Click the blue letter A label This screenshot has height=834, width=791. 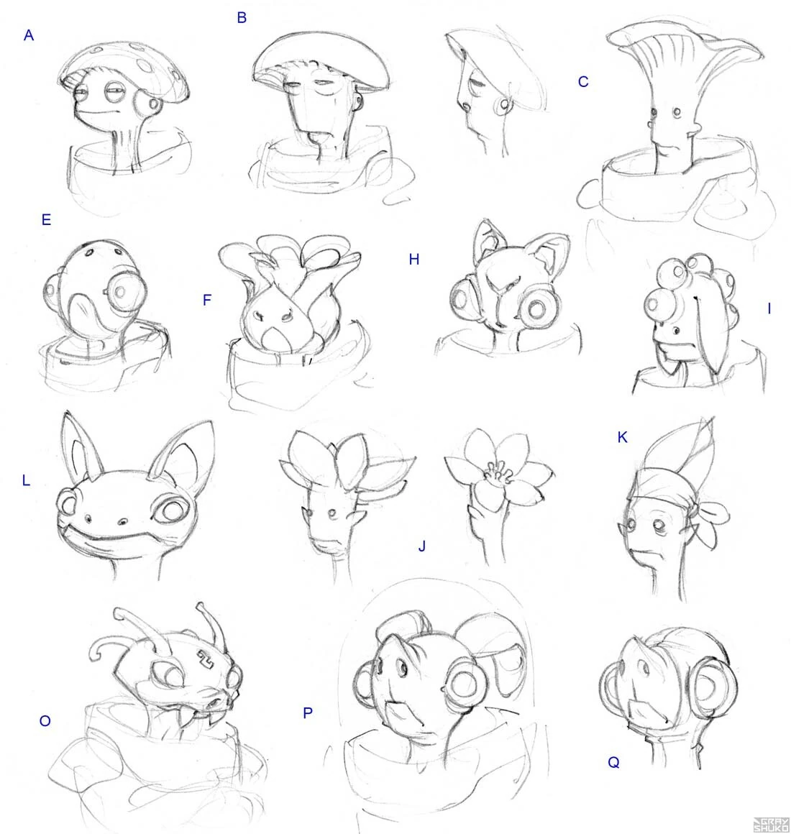[x=29, y=36]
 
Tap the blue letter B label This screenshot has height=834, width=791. [x=242, y=18]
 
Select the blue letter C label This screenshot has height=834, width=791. [x=583, y=82]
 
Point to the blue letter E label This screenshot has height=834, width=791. [x=46, y=220]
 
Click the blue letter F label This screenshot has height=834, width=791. [x=207, y=301]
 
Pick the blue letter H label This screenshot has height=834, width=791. [x=414, y=260]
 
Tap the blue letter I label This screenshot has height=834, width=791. [x=769, y=308]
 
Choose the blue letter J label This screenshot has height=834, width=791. [x=422, y=546]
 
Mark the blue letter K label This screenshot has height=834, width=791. [x=623, y=437]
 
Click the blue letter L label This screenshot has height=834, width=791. [x=26, y=481]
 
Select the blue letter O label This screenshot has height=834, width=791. [x=45, y=721]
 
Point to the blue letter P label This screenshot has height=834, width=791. [x=308, y=713]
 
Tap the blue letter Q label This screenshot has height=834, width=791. [x=613, y=763]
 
